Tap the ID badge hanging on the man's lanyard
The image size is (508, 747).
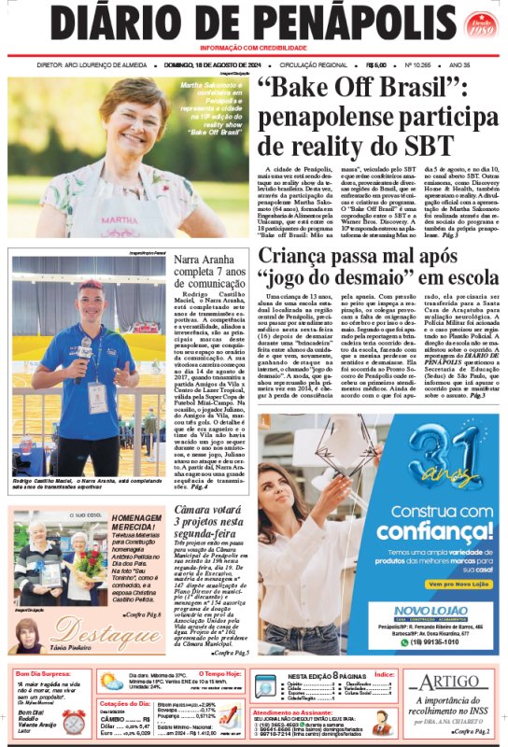coord(97,398)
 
